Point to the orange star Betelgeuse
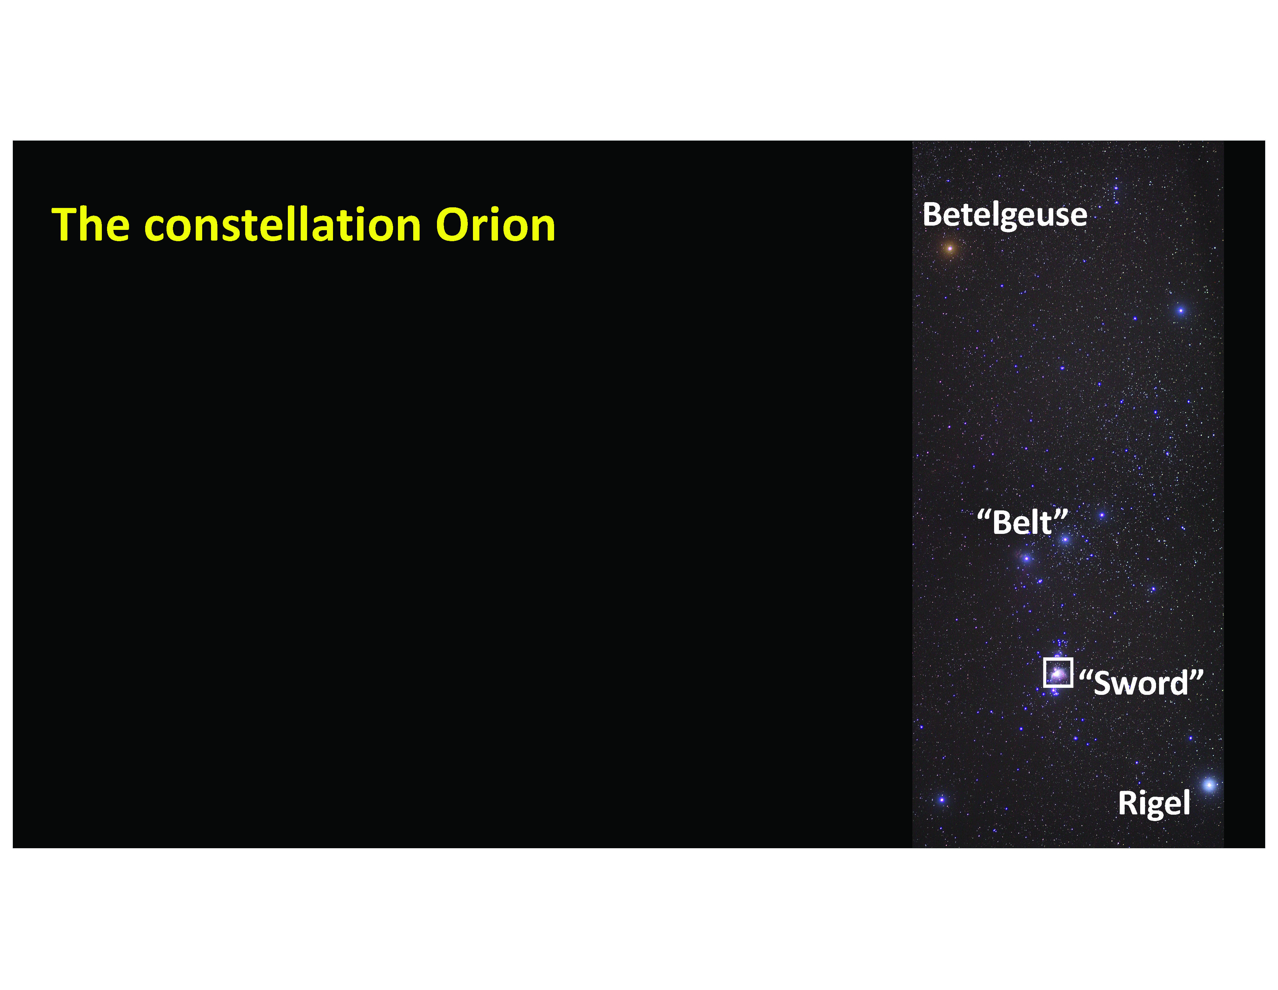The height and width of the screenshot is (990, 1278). coord(950,249)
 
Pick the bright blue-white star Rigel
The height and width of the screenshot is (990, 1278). coord(1209,784)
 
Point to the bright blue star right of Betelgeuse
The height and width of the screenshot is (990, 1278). coord(1181,311)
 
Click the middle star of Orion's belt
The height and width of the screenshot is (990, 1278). coord(1065,539)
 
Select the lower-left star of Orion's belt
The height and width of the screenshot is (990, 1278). coord(1026,559)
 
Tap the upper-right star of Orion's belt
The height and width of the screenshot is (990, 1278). coord(1102,516)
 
